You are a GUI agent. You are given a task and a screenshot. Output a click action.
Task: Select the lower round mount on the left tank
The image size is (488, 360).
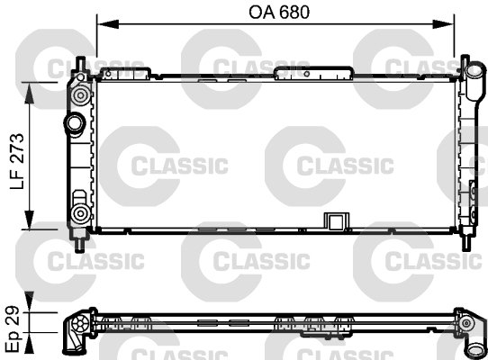tap(80, 213)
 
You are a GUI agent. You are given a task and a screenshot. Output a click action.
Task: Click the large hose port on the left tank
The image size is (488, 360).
tap(72, 121)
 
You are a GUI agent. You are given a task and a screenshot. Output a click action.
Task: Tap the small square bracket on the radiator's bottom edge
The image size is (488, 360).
tap(336, 221)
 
